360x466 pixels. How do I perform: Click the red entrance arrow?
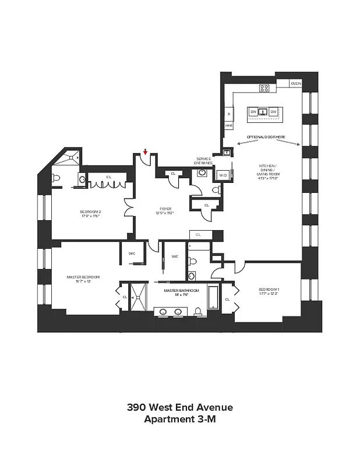145,153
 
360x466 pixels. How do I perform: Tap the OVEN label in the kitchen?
296,84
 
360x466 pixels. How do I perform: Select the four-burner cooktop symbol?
264,89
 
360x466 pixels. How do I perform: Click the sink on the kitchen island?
263,112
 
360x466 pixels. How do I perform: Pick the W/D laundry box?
223,175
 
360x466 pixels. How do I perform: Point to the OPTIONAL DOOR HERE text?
266,137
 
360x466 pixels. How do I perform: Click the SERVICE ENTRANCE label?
204,161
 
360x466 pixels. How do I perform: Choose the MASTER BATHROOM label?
181,292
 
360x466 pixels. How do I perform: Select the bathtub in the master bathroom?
213,298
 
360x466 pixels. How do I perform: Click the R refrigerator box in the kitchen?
229,114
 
